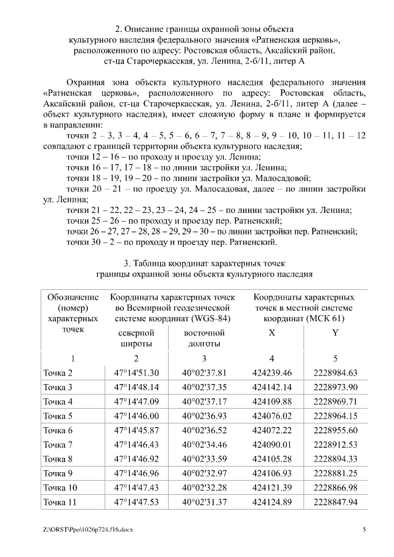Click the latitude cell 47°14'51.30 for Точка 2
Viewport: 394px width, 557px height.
pos(136,373)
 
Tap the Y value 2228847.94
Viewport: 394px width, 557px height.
pos(335,502)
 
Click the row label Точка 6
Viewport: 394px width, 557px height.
pos(58,430)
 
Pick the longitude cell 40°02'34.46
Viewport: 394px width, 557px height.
pos(204,444)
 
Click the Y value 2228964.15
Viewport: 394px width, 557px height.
pos(335,416)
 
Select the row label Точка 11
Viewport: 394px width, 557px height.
pos(60,502)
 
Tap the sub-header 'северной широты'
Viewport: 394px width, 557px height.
pos(136,339)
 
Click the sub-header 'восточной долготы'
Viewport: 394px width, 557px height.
pos(204,339)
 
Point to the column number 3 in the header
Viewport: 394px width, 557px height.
pos(204,359)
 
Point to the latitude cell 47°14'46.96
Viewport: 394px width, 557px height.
pos(136,473)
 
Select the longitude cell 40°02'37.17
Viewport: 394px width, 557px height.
pos(204,401)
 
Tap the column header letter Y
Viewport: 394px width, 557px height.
pos(335,333)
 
